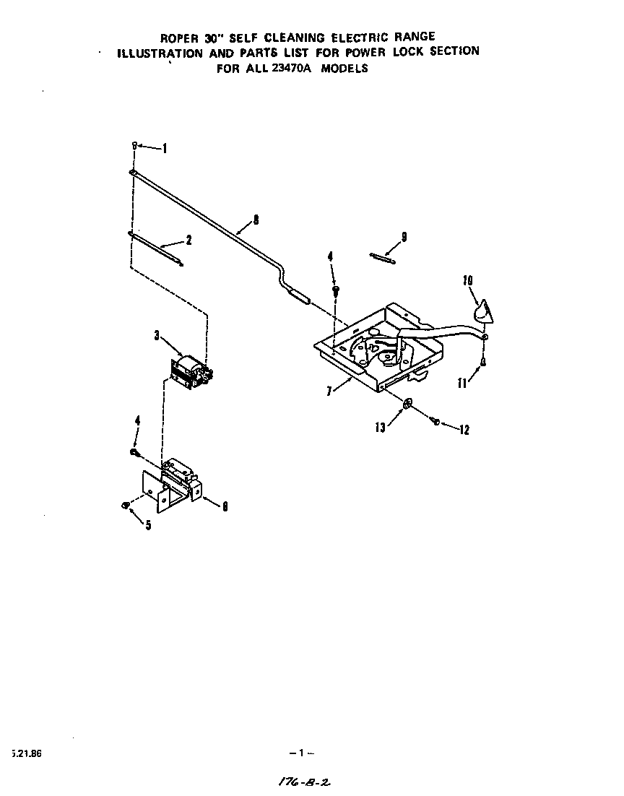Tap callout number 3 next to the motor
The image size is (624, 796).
click(156, 334)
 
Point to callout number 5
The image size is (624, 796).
click(148, 525)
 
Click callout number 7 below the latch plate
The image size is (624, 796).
click(329, 391)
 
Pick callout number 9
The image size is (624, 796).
click(404, 236)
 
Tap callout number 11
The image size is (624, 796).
click(462, 384)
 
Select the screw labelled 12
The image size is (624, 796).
click(436, 422)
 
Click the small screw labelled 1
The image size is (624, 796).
click(134, 146)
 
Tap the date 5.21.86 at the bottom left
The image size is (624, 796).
click(27, 753)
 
